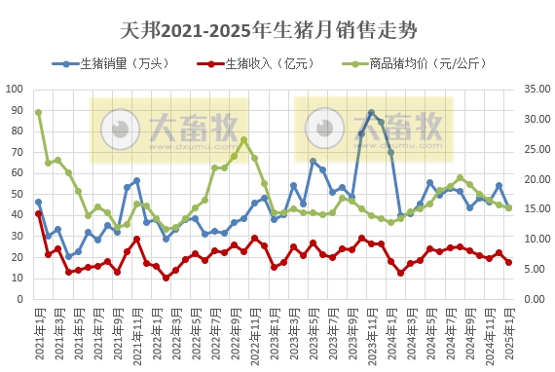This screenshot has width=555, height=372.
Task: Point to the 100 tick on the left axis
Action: pos(15,89)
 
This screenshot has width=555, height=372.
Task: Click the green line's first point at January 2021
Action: pos(38,112)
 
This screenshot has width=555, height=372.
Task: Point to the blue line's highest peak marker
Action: pos(371,113)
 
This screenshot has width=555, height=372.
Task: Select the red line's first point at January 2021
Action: pos(38,213)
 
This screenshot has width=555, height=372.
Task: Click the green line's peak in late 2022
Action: pos(243,140)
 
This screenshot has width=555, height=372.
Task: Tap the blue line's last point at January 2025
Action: pos(508,207)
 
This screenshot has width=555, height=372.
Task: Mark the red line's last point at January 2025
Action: pos(508,262)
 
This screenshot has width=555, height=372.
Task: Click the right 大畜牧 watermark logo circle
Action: pos(324,129)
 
